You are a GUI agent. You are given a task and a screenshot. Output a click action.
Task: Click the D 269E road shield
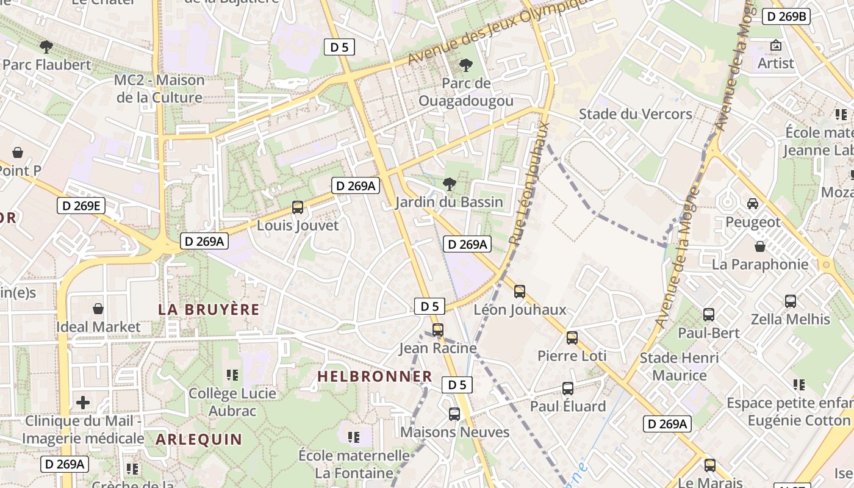81,206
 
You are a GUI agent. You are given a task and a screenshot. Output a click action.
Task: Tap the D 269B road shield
786,16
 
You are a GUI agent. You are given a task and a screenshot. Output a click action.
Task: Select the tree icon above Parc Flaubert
46,46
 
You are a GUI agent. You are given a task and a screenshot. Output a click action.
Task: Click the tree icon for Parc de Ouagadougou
466,65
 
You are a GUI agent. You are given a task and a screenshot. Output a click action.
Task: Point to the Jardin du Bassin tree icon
449,183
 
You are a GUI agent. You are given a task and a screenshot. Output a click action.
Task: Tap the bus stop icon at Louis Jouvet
298,207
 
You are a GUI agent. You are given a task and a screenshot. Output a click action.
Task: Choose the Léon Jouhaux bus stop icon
520,292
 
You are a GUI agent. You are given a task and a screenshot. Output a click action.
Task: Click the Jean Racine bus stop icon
437,330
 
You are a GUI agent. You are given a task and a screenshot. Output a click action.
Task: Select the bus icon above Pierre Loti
572,337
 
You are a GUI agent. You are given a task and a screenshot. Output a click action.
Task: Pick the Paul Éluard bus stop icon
567,389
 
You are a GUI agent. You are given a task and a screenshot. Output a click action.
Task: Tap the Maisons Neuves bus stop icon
454,414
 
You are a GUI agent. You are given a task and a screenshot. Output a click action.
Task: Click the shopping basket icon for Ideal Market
98,309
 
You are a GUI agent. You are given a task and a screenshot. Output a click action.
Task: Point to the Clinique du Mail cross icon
83,403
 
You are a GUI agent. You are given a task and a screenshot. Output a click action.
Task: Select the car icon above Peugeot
753,204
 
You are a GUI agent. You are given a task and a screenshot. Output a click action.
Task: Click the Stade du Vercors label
635,114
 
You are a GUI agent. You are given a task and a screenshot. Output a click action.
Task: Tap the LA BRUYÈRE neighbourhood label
209,309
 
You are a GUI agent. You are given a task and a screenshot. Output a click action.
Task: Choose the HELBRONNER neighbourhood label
375,376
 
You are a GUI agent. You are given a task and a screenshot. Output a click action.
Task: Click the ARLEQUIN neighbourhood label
199,439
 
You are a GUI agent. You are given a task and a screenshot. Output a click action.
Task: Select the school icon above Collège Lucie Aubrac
232,375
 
